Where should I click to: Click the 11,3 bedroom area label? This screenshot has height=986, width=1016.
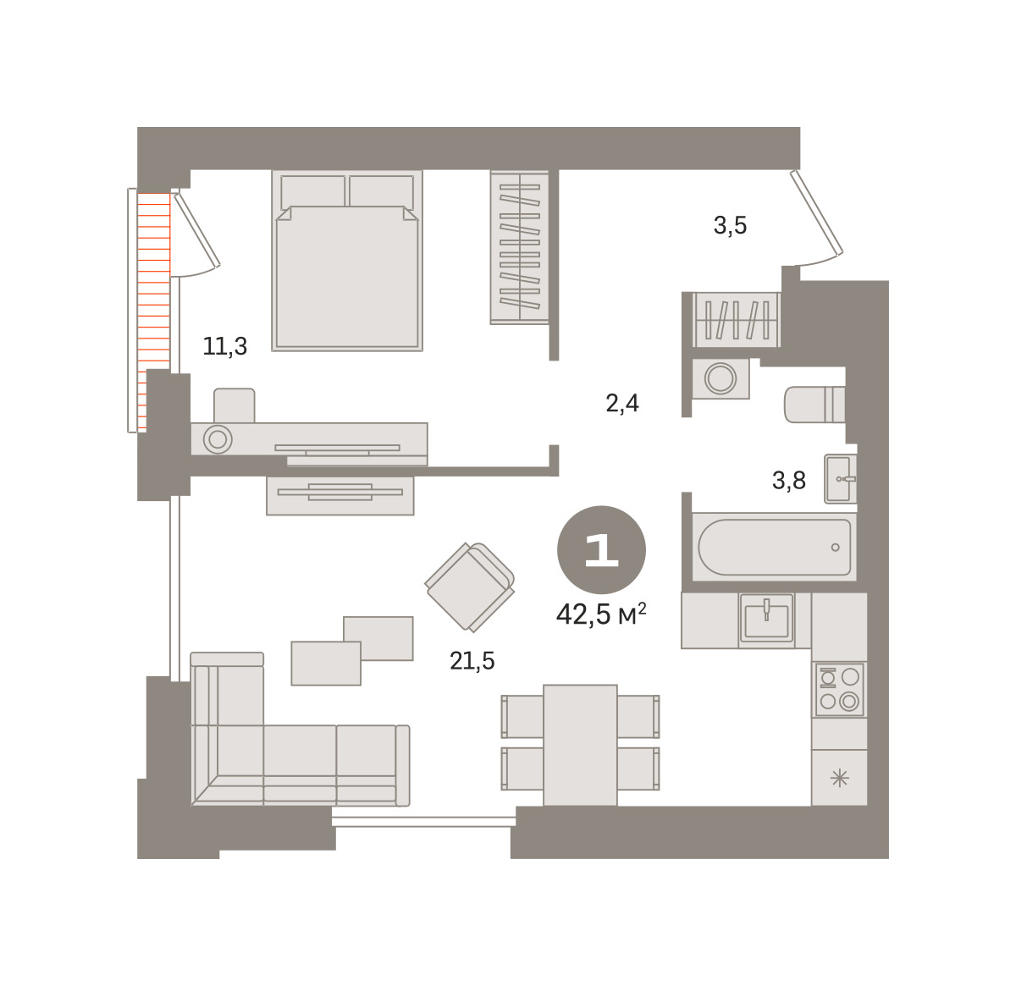tap(224, 346)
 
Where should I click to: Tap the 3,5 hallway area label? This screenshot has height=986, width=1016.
tap(730, 225)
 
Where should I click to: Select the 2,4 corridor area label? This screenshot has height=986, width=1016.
tap(621, 403)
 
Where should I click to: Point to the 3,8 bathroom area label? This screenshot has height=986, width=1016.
tap(789, 480)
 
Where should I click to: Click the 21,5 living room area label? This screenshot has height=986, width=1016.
tap(472, 661)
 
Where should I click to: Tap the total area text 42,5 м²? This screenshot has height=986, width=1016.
tap(601, 614)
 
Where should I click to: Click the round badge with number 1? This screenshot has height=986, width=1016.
tap(601, 549)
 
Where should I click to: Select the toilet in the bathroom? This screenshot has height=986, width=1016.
tap(814, 405)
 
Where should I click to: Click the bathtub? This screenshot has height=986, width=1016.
tap(774, 547)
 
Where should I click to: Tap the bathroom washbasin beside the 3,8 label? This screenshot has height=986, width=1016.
tap(840, 479)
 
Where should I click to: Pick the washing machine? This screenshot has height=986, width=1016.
tap(721, 378)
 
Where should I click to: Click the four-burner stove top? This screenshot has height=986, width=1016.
tap(839, 690)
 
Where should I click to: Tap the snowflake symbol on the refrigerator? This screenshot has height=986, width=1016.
tap(840, 779)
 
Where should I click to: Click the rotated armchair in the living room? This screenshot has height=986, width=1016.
tap(469, 587)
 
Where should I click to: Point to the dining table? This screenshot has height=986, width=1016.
tap(580, 745)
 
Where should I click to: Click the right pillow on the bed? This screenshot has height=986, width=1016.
tap(381, 192)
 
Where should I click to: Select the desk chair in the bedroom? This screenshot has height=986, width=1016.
tap(235, 405)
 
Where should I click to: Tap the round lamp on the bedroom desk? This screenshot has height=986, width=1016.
tap(218, 439)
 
